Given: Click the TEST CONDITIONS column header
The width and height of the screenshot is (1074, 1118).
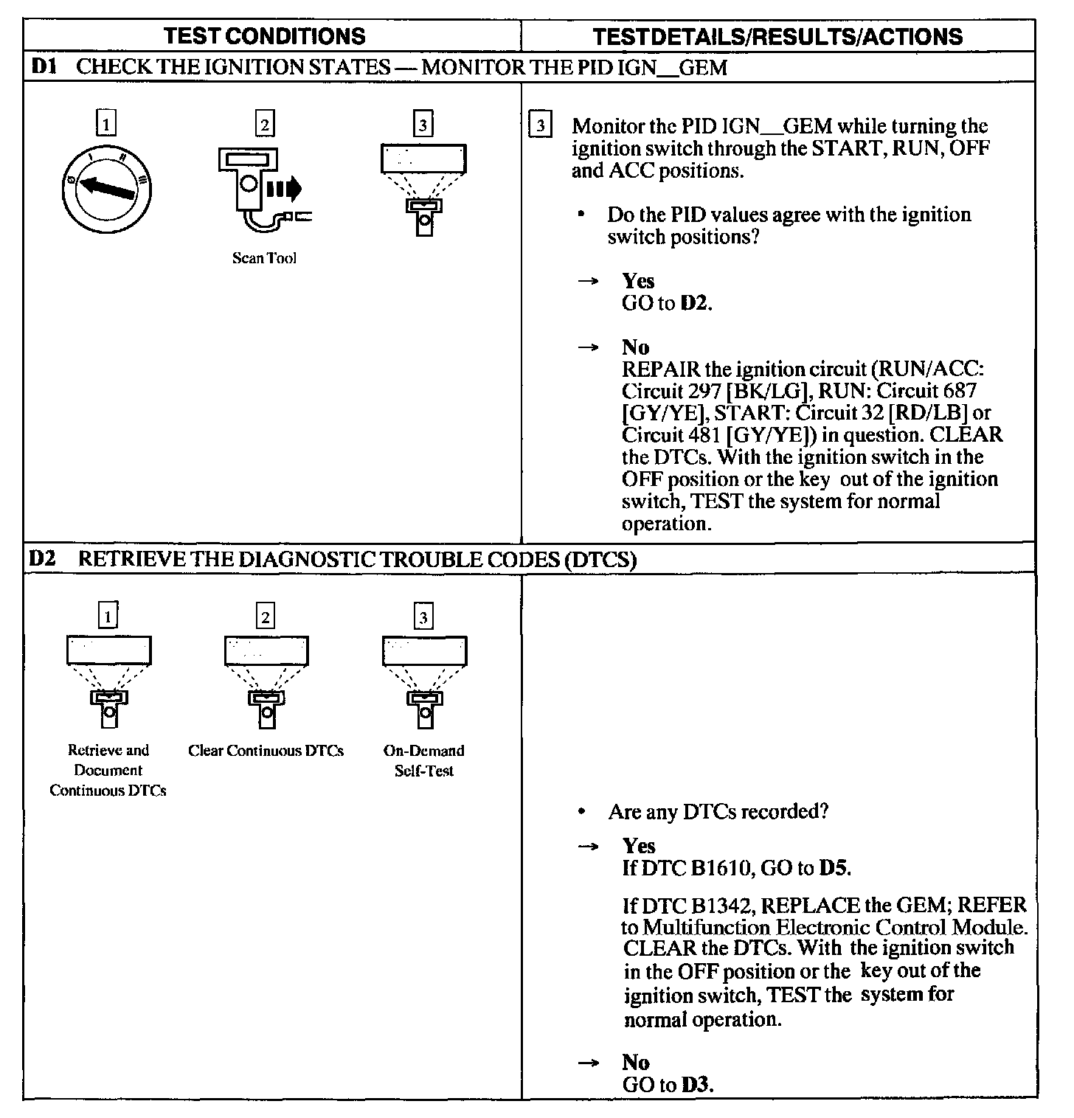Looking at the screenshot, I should [264, 36].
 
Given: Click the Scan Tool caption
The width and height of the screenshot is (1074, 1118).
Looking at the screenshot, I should [264, 258].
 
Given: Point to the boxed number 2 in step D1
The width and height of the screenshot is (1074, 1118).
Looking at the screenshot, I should [264, 124].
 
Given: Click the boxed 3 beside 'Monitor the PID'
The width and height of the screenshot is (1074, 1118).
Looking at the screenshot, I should [541, 125].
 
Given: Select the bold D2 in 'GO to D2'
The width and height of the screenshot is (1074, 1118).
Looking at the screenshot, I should [696, 303].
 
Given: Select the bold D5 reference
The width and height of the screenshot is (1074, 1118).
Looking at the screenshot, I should [834, 868].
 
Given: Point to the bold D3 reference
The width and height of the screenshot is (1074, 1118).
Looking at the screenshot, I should [696, 1085].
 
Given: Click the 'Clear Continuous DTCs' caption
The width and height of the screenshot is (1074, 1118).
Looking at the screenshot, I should [266, 751].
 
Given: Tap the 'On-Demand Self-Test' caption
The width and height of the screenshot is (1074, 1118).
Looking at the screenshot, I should [424, 760].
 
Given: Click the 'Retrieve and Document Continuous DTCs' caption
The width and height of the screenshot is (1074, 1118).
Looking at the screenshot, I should [108, 771].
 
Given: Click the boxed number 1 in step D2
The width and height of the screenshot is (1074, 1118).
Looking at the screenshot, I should [108, 616].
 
